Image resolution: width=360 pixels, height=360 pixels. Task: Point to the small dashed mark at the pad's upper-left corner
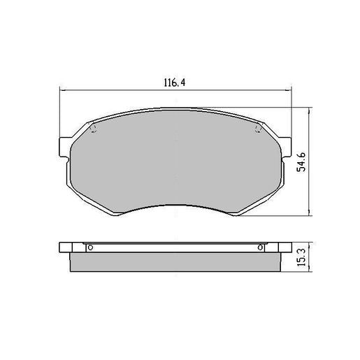(94, 129)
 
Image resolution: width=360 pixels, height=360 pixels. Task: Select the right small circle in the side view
(261, 247)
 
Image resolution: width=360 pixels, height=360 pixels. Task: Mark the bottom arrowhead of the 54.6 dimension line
(310, 214)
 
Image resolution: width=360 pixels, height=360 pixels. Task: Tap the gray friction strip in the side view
(175, 262)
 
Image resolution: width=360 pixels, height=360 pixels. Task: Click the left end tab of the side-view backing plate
(66, 247)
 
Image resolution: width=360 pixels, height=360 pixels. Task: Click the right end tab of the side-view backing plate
(285, 247)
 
